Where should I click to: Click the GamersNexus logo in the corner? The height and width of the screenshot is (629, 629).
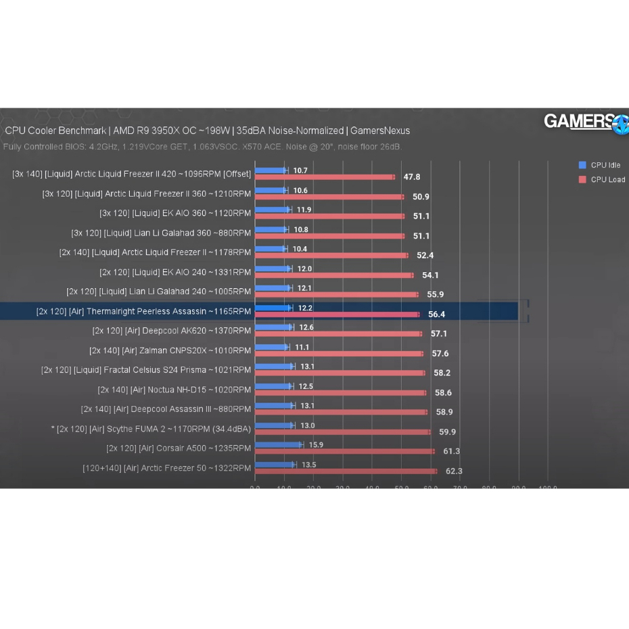(x=585, y=122)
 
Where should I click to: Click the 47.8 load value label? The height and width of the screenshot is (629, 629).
(x=411, y=177)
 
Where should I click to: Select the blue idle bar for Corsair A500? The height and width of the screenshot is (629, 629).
(x=279, y=444)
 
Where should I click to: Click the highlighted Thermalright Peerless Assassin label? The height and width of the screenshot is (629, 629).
(x=143, y=311)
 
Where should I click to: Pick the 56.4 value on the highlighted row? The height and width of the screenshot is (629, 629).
(x=436, y=314)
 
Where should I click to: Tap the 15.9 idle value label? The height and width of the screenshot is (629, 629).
(x=316, y=444)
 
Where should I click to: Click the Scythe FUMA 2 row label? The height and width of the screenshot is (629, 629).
(x=151, y=429)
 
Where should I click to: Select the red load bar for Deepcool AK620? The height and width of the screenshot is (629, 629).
(x=337, y=333)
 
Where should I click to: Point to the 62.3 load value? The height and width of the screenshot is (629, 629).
(x=453, y=471)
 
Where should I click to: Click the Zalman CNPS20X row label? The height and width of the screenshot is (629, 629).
(x=170, y=350)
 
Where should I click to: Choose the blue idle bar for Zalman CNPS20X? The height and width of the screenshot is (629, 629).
(x=272, y=346)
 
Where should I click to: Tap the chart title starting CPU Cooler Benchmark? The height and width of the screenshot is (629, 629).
(x=207, y=131)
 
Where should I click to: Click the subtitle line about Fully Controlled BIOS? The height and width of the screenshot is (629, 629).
(x=202, y=147)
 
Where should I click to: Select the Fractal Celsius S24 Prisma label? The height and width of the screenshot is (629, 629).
(x=145, y=370)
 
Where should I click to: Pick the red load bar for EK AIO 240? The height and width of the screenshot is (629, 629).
(x=333, y=275)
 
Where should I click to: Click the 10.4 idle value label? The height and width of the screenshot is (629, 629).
(x=299, y=249)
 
